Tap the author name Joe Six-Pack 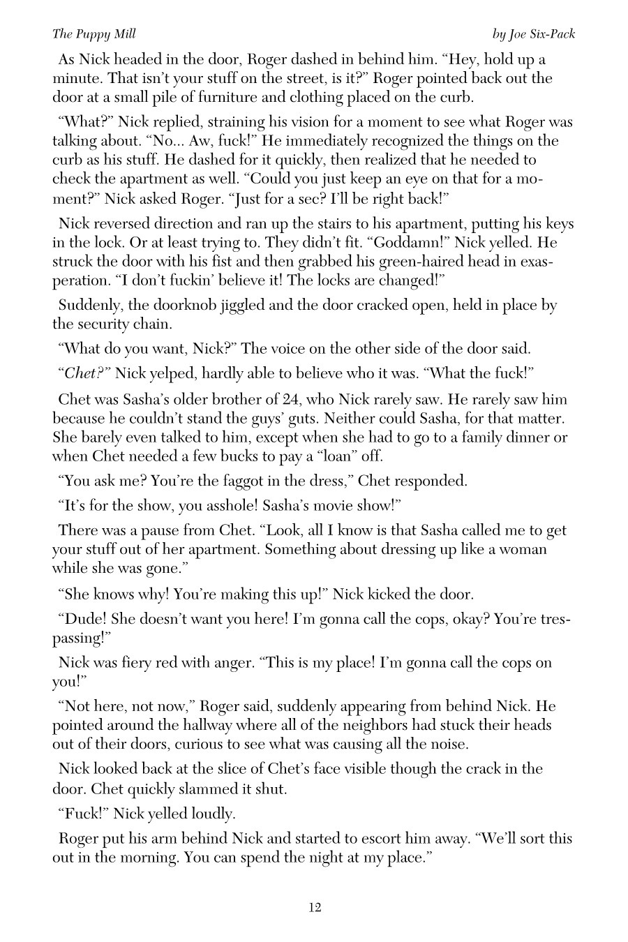[x=534, y=33]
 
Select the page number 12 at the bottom [x=314, y=907]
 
